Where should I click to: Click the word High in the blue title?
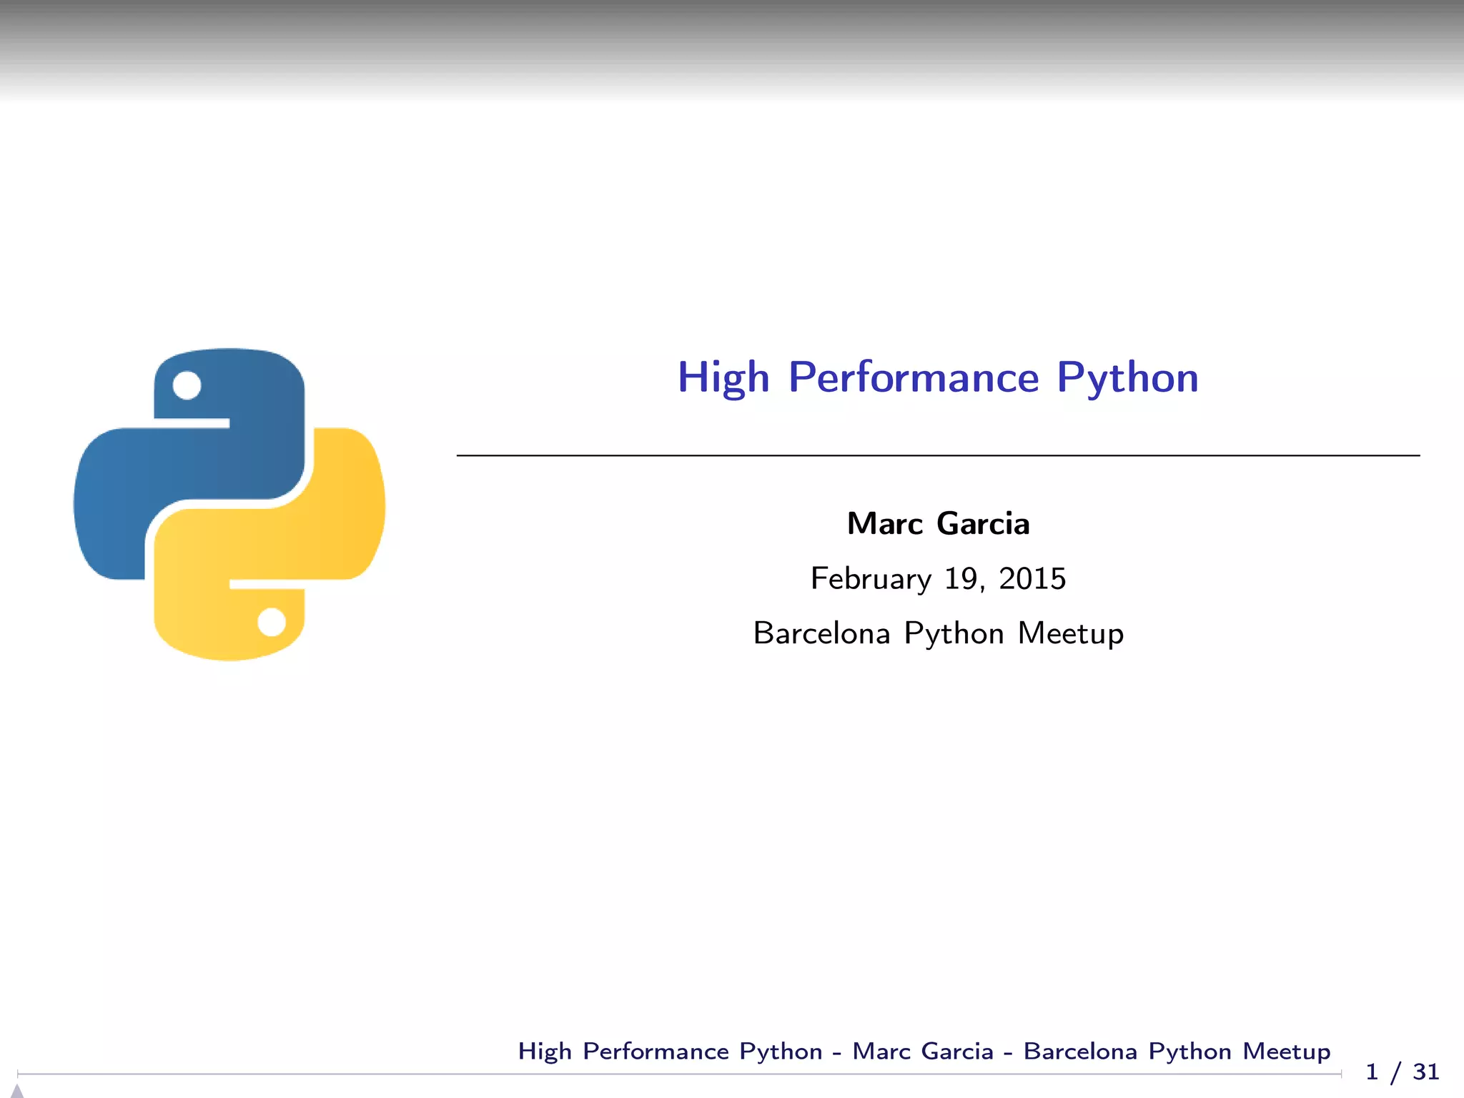[x=723, y=377]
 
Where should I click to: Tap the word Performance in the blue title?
[x=914, y=377]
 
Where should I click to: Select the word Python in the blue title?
[x=1127, y=377]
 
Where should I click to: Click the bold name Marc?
[x=884, y=524]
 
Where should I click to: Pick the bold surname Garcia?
[x=983, y=524]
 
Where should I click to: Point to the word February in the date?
[x=871, y=579]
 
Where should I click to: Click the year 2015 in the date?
[x=1032, y=579]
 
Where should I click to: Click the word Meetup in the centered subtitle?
[x=1070, y=634]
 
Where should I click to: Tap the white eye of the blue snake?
[x=187, y=385]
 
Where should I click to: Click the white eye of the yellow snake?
[x=272, y=622]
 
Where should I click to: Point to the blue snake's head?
[x=229, y=386]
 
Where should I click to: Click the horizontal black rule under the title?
[x=938, y=455]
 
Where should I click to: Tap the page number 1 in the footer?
[x=1372, y=1072]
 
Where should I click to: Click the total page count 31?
[x=1425, y=1072]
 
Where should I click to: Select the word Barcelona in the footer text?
[x=1080, y=1052]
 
